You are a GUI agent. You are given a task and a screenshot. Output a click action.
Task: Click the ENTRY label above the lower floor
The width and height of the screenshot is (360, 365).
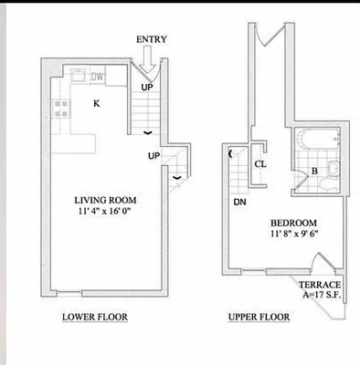(x=150, y=40)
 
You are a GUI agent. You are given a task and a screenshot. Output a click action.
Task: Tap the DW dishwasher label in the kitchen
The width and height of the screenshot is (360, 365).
(x=97, y=76)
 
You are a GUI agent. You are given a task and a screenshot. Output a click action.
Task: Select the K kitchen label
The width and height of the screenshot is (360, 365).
(x=95, y=103)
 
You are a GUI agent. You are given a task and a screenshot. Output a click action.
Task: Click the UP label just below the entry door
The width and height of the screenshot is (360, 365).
(x=146, y=87)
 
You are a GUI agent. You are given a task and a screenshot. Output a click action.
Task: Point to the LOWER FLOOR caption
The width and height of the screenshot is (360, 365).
(x=94, y=318)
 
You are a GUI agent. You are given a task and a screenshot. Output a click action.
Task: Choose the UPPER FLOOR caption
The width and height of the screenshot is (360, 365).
(x=259, y=318)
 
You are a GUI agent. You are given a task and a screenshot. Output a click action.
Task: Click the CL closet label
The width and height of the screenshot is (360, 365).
(x=260, y=165)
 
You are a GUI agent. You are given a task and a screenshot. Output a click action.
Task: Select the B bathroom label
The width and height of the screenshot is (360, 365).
(x=313, y=171)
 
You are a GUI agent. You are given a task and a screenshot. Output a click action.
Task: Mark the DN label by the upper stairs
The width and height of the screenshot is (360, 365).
(x=239, y=202)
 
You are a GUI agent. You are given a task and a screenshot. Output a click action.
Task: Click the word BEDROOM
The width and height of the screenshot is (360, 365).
(x=293, y=224)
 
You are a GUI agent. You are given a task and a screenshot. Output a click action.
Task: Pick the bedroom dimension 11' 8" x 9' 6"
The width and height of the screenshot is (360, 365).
(x=293, y=235)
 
